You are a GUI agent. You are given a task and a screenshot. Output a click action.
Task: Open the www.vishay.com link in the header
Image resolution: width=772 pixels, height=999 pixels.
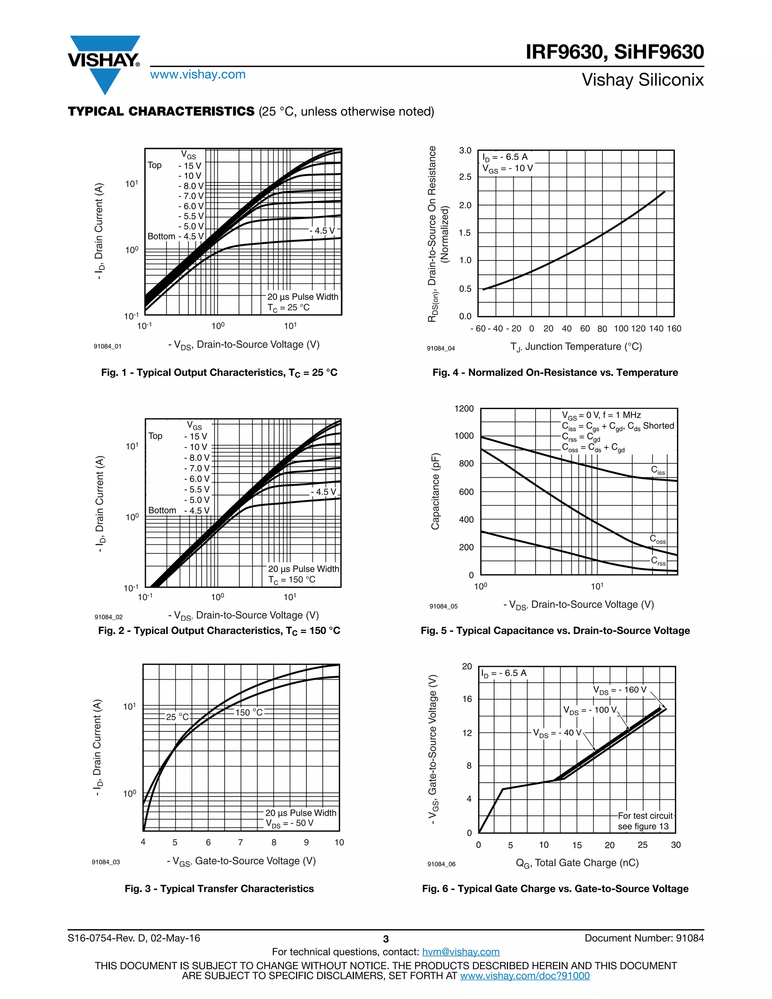point(198,75)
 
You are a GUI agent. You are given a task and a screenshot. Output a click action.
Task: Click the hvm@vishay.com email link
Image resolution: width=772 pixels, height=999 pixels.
point(461,952)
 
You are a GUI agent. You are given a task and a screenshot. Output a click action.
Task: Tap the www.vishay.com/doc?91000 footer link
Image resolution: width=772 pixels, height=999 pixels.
point(525,976)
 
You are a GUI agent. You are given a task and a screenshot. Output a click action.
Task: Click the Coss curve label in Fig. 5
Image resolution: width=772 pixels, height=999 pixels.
point(658,539)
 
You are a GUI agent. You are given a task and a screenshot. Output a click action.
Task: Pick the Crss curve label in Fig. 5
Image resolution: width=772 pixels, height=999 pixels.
point(658,561)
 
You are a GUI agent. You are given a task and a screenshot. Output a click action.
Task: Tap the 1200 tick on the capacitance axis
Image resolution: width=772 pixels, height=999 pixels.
point(464,409)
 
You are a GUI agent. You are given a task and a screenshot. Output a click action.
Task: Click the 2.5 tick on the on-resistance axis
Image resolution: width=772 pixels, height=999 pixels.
point(465,177)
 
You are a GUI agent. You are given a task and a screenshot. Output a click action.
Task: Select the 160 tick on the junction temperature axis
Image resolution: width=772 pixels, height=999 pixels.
point(674,328)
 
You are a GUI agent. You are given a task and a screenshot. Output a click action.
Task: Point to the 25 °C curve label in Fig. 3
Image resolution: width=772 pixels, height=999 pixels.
point(178,717)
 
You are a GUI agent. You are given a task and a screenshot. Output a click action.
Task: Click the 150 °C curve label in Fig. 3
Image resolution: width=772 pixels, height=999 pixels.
point(249,712)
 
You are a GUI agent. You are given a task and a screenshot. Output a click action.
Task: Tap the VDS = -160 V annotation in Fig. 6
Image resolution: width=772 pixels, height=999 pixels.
point(620,690)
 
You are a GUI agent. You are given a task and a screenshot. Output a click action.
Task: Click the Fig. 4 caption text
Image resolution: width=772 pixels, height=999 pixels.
point(555,372)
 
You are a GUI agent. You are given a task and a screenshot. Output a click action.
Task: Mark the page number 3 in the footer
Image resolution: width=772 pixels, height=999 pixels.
point(386,939)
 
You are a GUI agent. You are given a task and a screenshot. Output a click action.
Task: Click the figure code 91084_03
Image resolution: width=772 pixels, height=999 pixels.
point(106,862)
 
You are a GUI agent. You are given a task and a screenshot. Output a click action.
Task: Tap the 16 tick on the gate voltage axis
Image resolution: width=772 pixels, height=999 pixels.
point(467,699)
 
